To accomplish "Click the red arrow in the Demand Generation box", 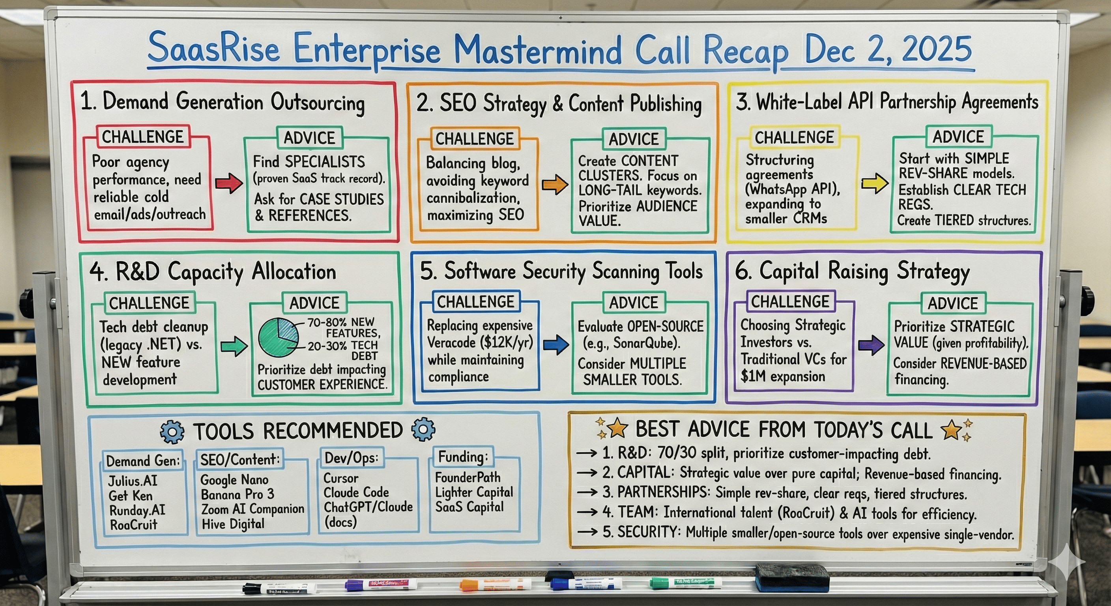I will click(x=228, y=183).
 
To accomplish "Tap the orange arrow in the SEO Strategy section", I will click(x=555, y=185).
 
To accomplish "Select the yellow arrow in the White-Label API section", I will click(x=874, y=183).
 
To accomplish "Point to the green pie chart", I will click(x=278, y=337).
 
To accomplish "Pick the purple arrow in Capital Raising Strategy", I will click(x=871, y=345).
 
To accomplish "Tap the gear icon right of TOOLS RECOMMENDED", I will click(x=423, y=429).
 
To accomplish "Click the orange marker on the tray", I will click(x=495, y=585).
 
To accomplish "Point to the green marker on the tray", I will click(x=686, y=583).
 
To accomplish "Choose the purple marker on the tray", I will click(x=381, y=584).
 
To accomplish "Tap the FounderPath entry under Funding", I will click(x=468, y=477).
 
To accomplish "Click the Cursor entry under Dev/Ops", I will click(x=341, y=478).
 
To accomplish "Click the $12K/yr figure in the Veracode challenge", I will click(x=507, y=343).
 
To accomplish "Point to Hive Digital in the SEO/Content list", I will click(x=233, y=524).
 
